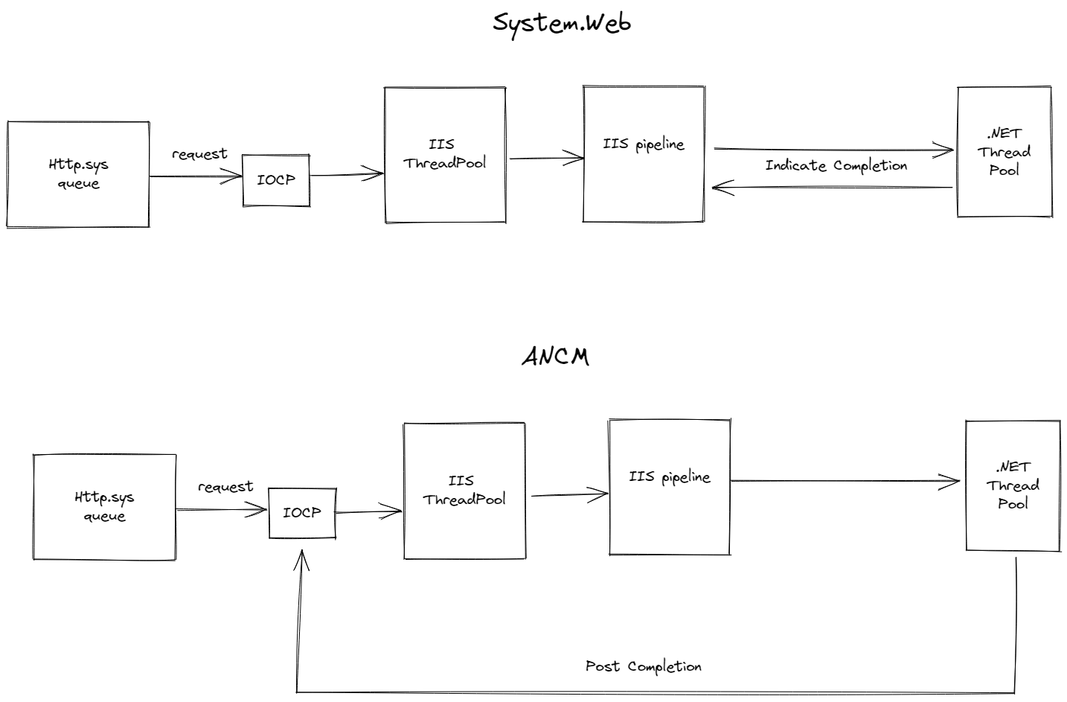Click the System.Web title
click(x=562, y=23)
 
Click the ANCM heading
click(x=555, y=357)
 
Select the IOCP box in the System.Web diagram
click(x=276, y=180)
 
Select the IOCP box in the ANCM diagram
click(x=302, y=513)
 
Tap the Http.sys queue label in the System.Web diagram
click(x=78, y=174)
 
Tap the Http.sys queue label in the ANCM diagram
click(x=104, y=507)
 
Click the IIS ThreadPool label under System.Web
click(x=444, y=154)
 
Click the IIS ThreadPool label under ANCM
click(x=464, y=491)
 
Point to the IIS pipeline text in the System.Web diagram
click(x=644, y=144)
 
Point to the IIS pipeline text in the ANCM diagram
click(x=669, y=477)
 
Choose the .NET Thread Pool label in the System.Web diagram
click(x=1004, y=152)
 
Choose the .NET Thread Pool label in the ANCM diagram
click(x=1013, y=485)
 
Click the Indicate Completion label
click(x=836, y=166)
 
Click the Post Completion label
click(x=643, y=666)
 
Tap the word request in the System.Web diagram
click(x=199, y=155)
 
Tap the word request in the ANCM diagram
click(x=225, y=488)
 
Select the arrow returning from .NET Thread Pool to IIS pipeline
click(x=831, y=188)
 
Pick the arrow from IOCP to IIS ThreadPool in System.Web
click(x=346, y=176)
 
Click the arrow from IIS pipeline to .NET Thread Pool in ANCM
click(x=845, y=482)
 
